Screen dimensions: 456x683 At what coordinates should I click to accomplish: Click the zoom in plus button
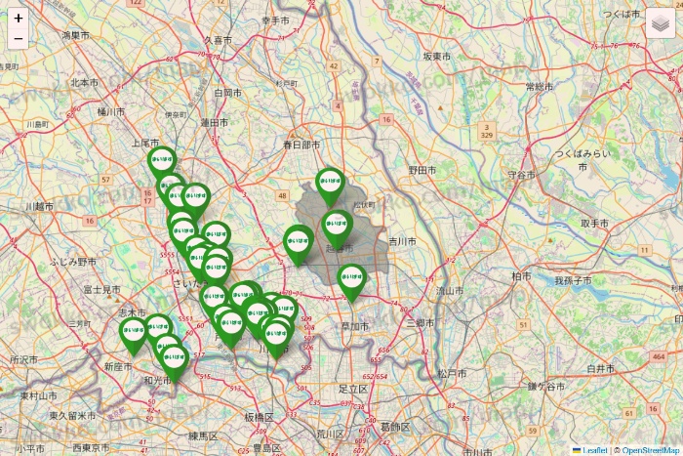[19, 18]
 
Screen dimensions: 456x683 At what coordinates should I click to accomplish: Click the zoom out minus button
[19, 39]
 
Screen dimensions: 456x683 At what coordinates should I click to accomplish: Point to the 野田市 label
[421, 170]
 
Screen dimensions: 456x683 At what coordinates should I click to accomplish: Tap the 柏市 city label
[519, 276]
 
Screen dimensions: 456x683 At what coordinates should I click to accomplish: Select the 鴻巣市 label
[76, 35]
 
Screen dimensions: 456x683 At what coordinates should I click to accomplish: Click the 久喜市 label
[218, 40]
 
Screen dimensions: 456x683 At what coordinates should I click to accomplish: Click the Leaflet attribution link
[595, 450]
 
